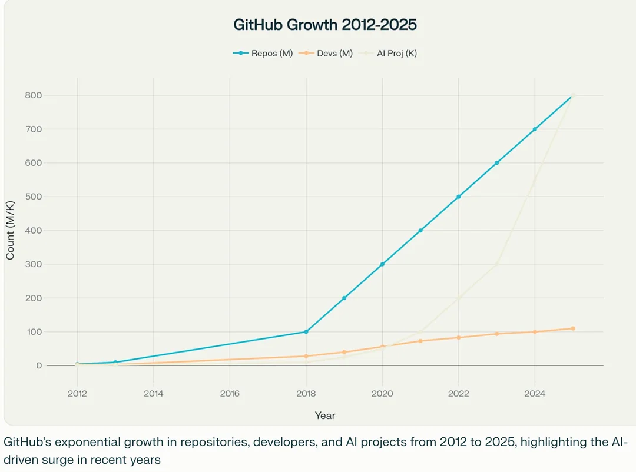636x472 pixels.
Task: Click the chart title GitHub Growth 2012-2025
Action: click(x=325, y=25)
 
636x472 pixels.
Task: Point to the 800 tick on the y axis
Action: click(x=34, y=95)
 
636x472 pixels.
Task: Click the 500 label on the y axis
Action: click(x=34, y=197)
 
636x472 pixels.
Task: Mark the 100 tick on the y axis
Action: click(x=34, y=332)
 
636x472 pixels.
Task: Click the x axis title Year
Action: click(x=325, y=416)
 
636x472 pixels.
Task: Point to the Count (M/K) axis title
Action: click(x=11, y=230)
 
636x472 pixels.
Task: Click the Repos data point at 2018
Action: click(x=306, y=332)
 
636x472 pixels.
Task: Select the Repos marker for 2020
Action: click(x=382, y=264)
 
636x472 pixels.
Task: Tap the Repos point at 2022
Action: click(x=459, y=197)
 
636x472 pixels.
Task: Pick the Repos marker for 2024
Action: click(x=535, y=129)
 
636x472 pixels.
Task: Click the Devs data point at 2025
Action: click(x=573, y=328)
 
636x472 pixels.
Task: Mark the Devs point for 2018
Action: click(x=306, y=356)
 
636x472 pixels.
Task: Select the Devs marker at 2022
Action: click(x=459, y=337)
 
